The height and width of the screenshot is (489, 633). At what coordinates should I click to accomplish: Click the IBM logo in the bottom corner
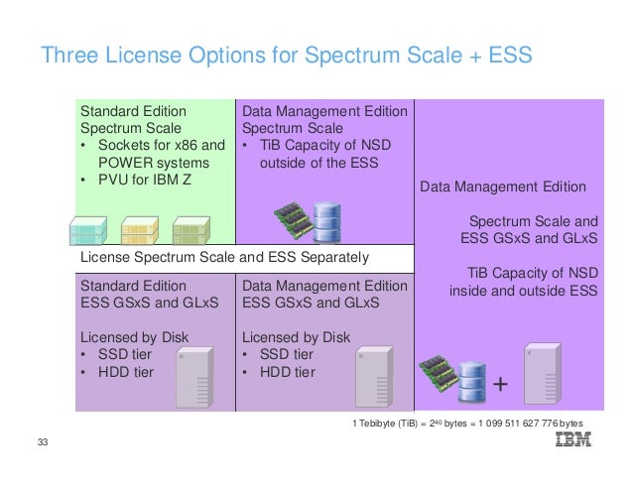point(573,440)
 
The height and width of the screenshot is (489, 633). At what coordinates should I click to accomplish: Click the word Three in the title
point(69,55)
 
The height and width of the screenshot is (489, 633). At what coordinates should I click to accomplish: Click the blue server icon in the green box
point(88,230)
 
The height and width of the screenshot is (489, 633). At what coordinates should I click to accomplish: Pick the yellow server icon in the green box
point(138,230)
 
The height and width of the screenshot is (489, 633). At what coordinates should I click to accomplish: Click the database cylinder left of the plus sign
point(469,378)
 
